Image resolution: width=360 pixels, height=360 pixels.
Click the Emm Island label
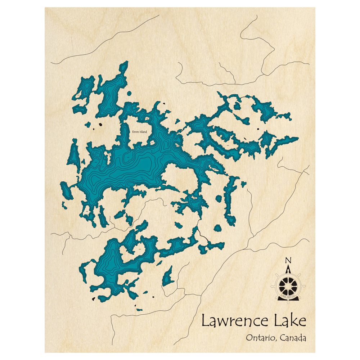tap(140, 132)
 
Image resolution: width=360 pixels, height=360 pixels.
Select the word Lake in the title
tap(291, 320)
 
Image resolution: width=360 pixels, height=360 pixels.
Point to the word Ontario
tap(260, 338)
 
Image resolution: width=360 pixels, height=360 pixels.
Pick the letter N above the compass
tap(288, 261)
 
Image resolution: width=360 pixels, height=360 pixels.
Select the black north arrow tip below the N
tap(288, 268)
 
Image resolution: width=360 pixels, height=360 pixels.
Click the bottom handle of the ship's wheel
tap(288, 301)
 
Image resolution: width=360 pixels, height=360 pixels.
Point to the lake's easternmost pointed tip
tap(298, 138)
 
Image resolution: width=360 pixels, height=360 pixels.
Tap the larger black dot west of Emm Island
tap(100, 125)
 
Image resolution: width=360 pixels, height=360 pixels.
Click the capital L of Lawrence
tap(205, 320)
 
